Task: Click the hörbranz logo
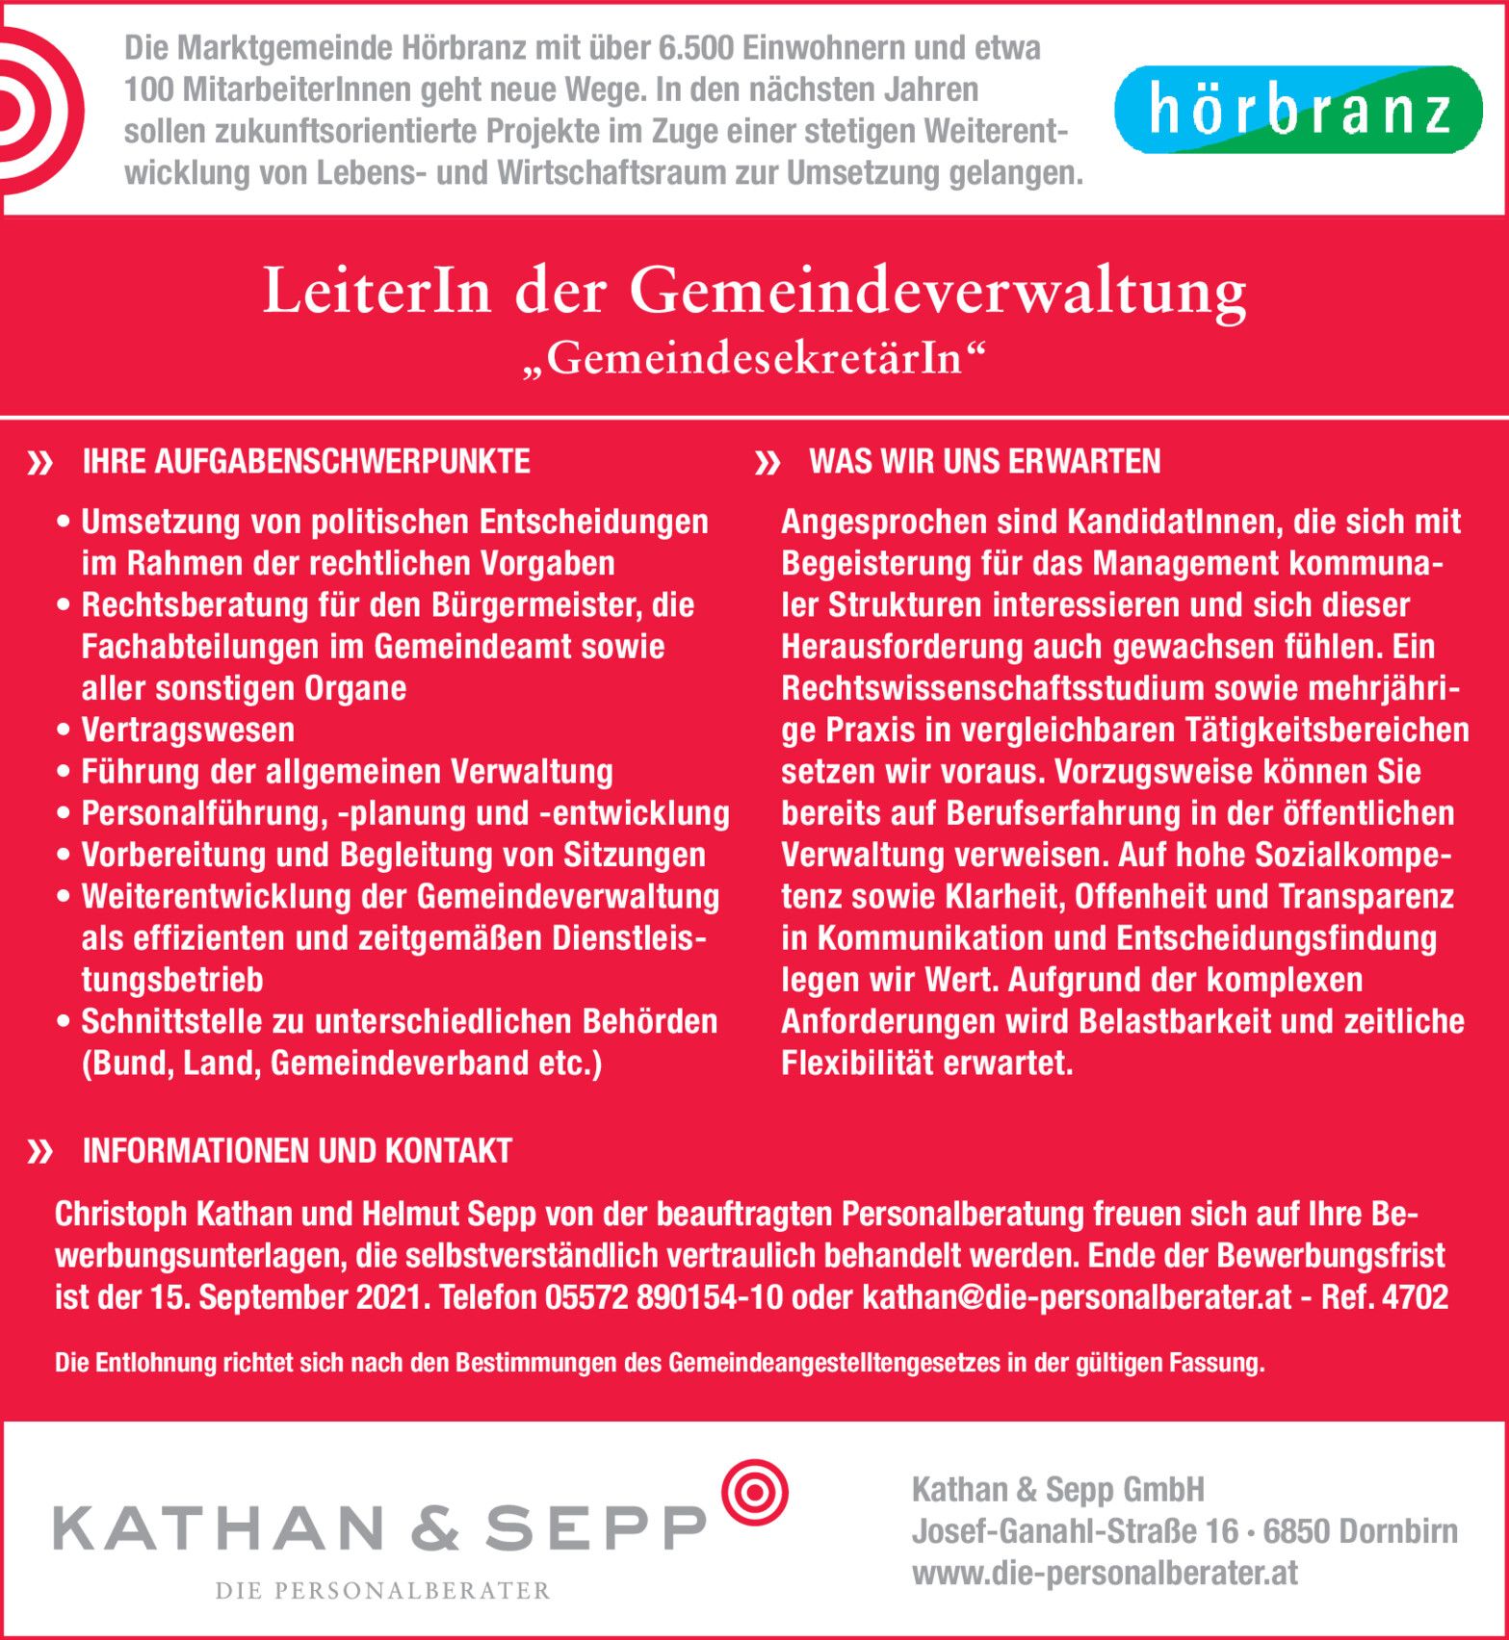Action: click(x=1297, y=110)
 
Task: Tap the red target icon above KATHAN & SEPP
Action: click(x=755, y=1492)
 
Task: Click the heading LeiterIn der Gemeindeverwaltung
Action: click(x=754, y=291)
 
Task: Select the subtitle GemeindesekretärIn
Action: click(x=754, y=359)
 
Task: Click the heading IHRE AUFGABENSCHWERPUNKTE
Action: click(x=306, y=462)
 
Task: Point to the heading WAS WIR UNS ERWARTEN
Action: click(x=984, y=462)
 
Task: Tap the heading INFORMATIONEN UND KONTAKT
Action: click(x=297, y=1151)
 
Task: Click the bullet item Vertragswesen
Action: click(x=188, y=730)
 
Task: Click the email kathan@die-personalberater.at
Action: click(x=1077, y=1297)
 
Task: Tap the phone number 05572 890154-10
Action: click(x=663, y=1297)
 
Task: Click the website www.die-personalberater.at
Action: click(x=1105, y=1574)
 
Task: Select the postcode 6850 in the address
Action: click(x=1296, y=1531)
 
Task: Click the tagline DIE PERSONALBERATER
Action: click(x=382, y=1590)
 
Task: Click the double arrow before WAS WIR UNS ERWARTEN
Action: click(x=768, y=464)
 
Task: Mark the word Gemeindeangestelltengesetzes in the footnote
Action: click(x=834, y=1363)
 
